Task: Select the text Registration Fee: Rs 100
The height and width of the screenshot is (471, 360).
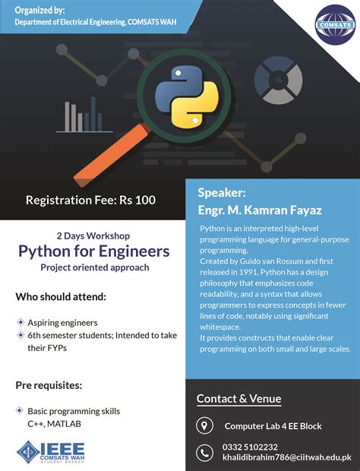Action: coord(90,201)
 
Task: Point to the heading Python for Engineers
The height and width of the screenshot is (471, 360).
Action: coord(94,251)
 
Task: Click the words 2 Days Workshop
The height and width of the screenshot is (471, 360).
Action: coord(93,235)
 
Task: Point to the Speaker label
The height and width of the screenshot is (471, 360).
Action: coord(222,193)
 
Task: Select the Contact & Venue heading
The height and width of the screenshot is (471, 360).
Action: coord(238,399)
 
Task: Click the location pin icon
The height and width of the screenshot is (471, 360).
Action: coord(204,425)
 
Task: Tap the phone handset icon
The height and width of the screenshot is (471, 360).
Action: coord(204,453)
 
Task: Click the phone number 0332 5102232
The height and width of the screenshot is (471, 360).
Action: coord(251,447)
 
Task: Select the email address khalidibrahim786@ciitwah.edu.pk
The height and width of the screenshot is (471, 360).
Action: coord(286,457)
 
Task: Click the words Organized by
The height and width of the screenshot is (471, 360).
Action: coord(39,11)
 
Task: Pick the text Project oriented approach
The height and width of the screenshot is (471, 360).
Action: coord(93,267)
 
